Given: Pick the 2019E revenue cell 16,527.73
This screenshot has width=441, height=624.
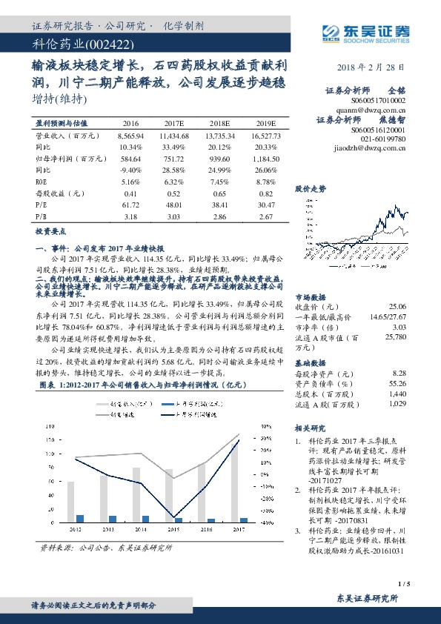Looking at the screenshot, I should click(x=264, y=137).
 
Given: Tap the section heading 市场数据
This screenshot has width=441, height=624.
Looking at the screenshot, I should click(x=310, y=296).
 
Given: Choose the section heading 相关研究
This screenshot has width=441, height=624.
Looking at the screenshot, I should click(x=310, y=427).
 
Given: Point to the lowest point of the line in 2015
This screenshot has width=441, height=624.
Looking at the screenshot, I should click(x=173, y=517).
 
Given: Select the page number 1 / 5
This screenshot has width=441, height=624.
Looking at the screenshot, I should click(x=404, y=585).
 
